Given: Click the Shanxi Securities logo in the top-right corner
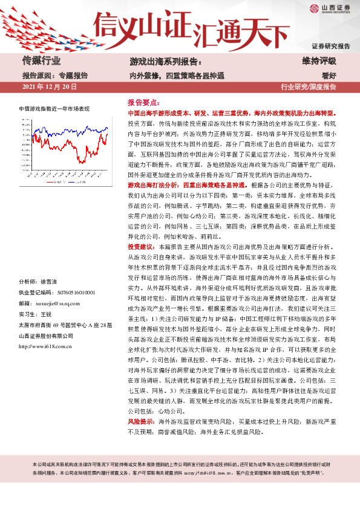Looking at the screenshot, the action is [330, 8].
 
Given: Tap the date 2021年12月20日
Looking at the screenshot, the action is [49, 87].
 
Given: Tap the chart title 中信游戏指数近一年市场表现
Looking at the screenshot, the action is [54, 109].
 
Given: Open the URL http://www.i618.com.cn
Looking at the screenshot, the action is [50, 346].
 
